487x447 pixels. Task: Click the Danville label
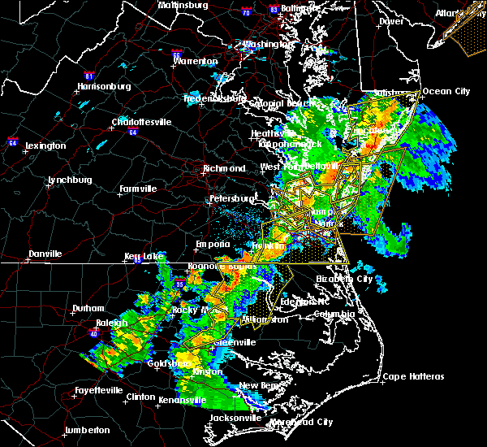tap(45, 254)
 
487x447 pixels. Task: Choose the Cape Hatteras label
tap(414, 377)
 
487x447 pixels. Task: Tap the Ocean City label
tap(446, 91)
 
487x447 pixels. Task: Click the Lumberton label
tap(88, 430)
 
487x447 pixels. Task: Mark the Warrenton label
tap(196, 61)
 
